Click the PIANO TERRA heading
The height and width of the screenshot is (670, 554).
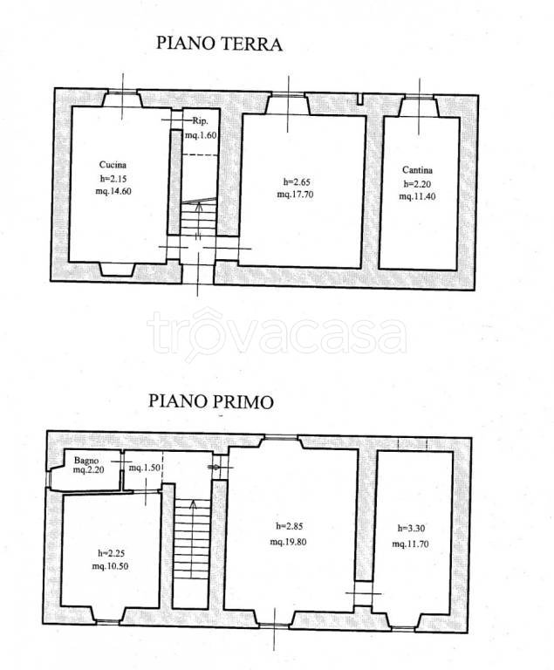[x=219, y=44]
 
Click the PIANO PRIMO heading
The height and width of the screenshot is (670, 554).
[x=210, y=401]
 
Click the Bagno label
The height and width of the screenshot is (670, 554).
[x=87, y=460]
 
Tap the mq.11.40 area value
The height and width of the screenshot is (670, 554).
[x=418, y=197]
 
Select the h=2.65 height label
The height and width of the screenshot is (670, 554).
[x=295, y=181]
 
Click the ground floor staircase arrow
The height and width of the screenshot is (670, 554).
[x=198, y=210]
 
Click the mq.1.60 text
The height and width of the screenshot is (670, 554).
[x=200, y=136]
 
